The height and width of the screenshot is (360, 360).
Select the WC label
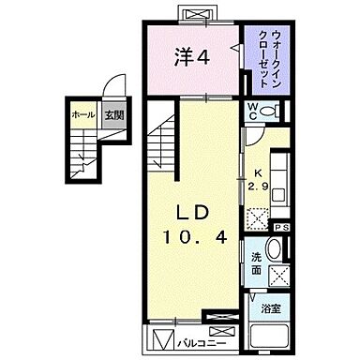(253, 112)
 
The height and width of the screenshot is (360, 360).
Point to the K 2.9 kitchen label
(258, 178)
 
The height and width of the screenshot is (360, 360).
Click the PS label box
(279, 227)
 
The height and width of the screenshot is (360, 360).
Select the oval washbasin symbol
(273, 249)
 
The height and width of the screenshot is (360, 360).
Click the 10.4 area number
(194, 238)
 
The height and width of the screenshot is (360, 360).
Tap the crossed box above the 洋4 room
(199, 14)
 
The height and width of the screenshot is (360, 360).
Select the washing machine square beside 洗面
(279, 276)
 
